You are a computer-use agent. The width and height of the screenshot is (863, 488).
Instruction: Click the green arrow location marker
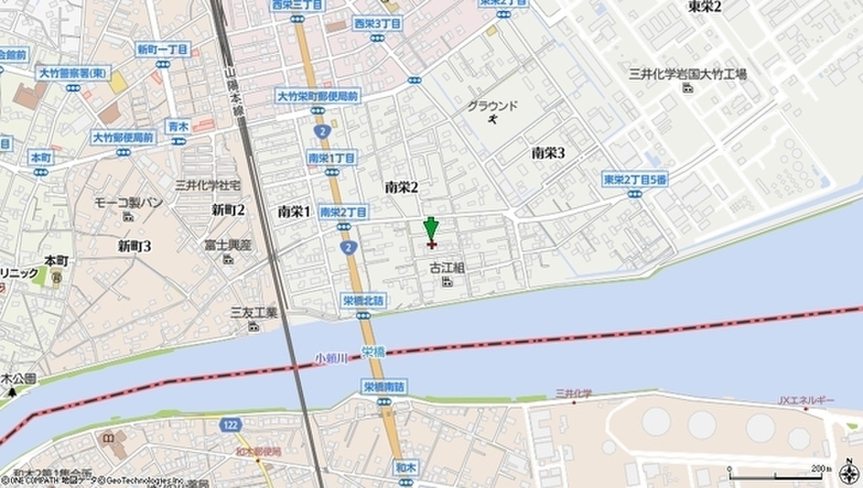[x=431, y=230]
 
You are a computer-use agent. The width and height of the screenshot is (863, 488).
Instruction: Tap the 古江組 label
[x=448, y=268]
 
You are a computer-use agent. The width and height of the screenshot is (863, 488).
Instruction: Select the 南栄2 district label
[x=401, y=187]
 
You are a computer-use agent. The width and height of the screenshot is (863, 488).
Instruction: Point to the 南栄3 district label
[x=548, y=153]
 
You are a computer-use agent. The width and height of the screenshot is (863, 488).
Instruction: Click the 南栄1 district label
[x=294, y=212]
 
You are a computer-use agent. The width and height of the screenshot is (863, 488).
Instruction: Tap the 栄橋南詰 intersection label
[x=384, y=386]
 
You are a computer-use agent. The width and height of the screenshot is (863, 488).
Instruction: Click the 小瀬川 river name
[x=331, y=357]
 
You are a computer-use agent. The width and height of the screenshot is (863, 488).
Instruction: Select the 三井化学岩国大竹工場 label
[x=689, y=74]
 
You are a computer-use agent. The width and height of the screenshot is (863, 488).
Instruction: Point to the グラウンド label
[x=492, y=105]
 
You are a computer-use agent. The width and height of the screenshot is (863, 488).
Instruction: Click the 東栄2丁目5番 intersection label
[x=635, y=179]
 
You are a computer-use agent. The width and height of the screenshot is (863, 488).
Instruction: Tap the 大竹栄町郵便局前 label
[x=318, y=97]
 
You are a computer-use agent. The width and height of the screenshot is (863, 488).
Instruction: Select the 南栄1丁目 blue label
[x=331, y=158]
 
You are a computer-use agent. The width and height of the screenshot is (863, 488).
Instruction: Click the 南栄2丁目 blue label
[x=344, y=212]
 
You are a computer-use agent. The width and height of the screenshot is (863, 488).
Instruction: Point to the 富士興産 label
[x=228, y=244]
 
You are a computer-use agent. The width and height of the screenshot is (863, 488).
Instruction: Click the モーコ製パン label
[x=128, y=202]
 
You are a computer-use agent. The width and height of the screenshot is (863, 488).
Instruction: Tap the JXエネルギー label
[x=805, y=400]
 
